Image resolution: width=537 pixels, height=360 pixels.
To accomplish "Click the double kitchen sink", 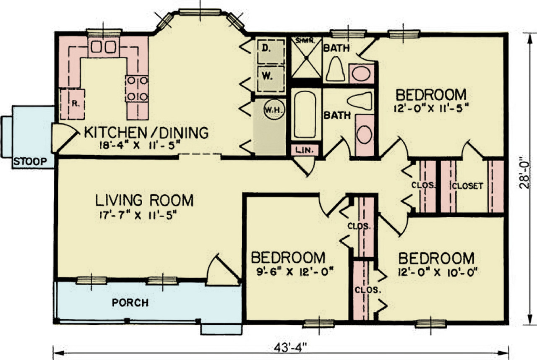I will coord(103,47).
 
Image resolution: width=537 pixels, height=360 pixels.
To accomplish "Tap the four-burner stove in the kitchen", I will coord(137,89).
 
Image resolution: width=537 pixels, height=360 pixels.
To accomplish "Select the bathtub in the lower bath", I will coord(305,114).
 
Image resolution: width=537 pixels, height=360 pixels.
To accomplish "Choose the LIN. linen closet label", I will coord(305,150).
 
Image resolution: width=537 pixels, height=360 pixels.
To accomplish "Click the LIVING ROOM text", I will coord(144,201).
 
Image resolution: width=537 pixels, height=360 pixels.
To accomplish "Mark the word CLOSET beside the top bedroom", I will coord(467,185).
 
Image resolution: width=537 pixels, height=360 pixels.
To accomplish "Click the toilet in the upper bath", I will coord(335,69).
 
